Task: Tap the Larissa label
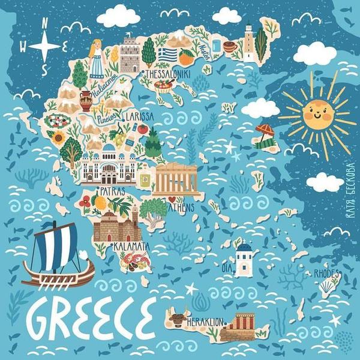pos(140,116)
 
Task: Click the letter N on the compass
pos(46,24)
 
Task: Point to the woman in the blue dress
pos(95,59)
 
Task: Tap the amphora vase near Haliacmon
pos(85,101)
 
